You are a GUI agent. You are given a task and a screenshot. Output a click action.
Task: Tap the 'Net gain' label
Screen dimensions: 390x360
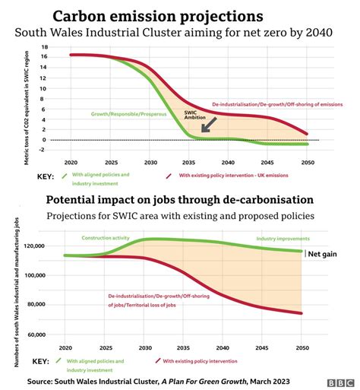click(x=321, y=254)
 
